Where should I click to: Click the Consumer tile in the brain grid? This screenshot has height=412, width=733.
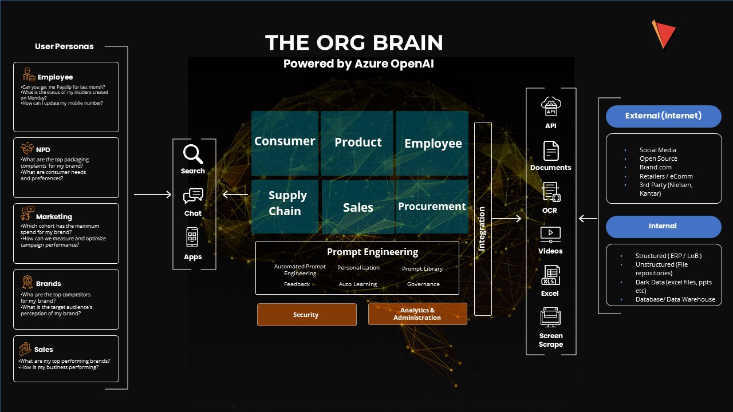click(x=285, y=142)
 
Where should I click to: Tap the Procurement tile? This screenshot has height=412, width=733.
click(x=432, y=207)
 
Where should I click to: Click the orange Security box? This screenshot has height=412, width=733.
click(x=306, y=315)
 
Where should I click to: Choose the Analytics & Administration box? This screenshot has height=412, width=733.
click(x=417, y=314)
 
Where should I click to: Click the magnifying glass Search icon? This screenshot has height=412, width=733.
click(x=193, y=154)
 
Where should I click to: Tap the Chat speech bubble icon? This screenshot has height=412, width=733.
click(x=193, y=196)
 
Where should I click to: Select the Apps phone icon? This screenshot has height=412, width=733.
click(x=192, y=237)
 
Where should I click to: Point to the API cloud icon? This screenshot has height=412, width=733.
click(x=551, y=107)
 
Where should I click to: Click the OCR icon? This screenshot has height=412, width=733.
click(x=551, y=192)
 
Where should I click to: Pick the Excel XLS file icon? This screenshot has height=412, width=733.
click(x=551, y=275)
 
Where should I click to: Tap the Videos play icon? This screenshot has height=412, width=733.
click(x=550, y=233)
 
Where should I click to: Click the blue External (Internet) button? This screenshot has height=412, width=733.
click(x=663, y=116)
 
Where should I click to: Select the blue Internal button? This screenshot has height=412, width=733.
click(x=663, y=227)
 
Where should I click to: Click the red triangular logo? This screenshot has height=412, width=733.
click(x=663, y=34)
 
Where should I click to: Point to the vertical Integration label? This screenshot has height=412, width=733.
click(x=482, y=228)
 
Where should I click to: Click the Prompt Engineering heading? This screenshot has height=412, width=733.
click(x=372, y=252)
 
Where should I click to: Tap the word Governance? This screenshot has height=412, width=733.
click(x=423, y=284)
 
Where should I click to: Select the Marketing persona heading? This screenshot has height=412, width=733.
click(x=54, y=217)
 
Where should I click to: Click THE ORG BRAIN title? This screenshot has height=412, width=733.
click(x=354, y=43)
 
